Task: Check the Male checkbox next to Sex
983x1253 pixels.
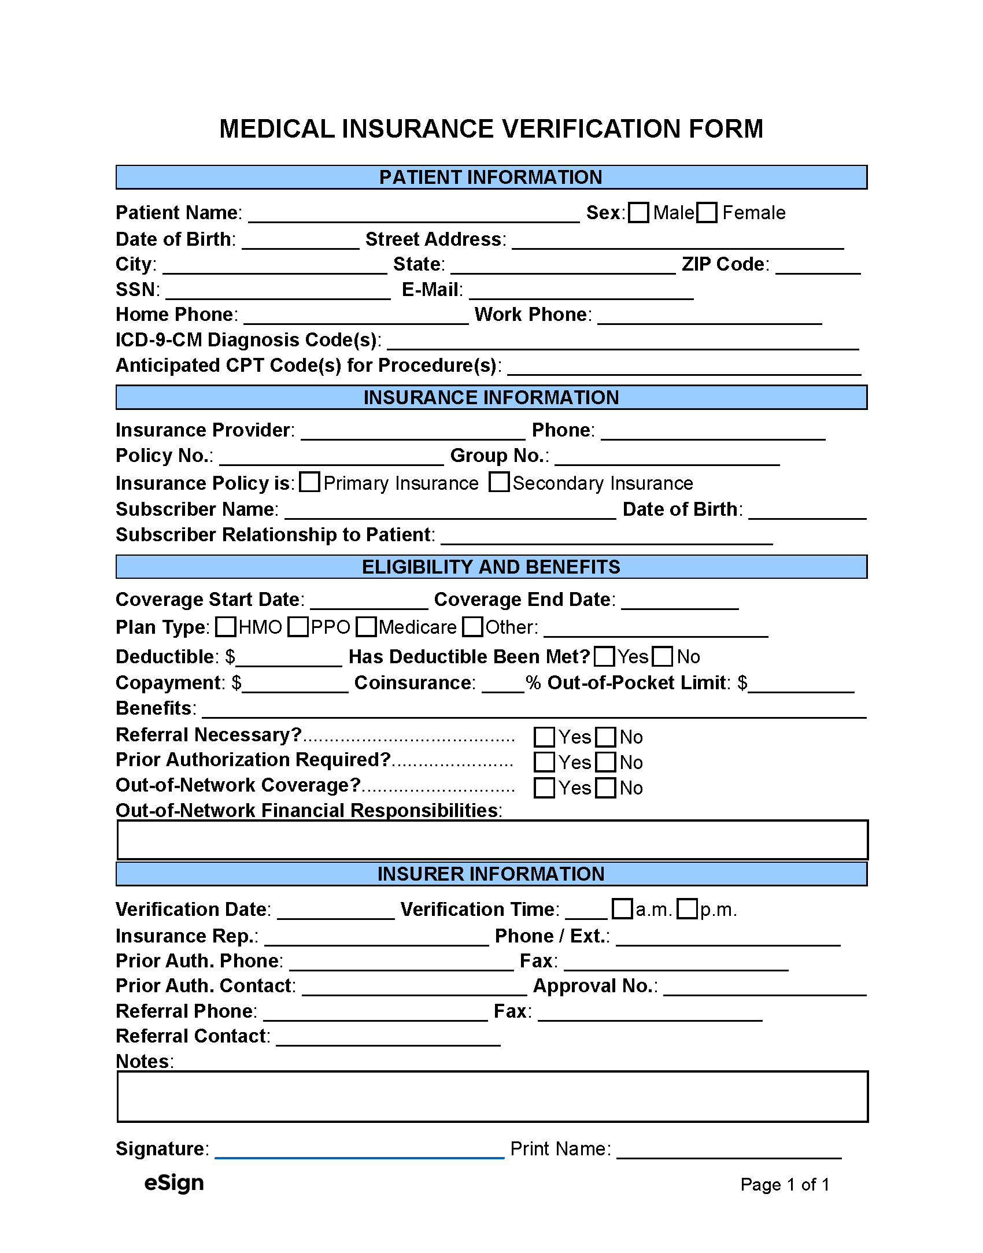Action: click(638, 213)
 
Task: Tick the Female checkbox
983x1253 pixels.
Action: click(707, 213)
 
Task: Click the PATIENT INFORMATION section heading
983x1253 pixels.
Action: click(491, 178)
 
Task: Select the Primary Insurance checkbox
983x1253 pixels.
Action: click(309, 482)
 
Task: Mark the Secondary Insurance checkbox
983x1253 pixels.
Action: click(498, 482)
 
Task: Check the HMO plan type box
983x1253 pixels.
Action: click(226, 627)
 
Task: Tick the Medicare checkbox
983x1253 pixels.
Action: click(366, 627)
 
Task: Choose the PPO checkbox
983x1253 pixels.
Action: click(298, 627)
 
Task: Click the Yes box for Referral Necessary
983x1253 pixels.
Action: click(544, 737)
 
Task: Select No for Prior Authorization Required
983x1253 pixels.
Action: click(605, 762)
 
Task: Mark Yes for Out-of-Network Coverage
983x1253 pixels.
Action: click(544, 788)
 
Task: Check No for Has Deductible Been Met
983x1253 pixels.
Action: click(662, 656)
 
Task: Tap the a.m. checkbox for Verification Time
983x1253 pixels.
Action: click(622, 909)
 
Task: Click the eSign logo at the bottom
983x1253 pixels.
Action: click(174, 1183)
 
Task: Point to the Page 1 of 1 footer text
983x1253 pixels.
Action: click(785, 1185)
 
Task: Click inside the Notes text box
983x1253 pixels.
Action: click(492, 1096)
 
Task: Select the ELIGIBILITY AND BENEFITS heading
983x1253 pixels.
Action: click(491, 567)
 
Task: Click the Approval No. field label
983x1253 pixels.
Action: click(595, 986)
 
